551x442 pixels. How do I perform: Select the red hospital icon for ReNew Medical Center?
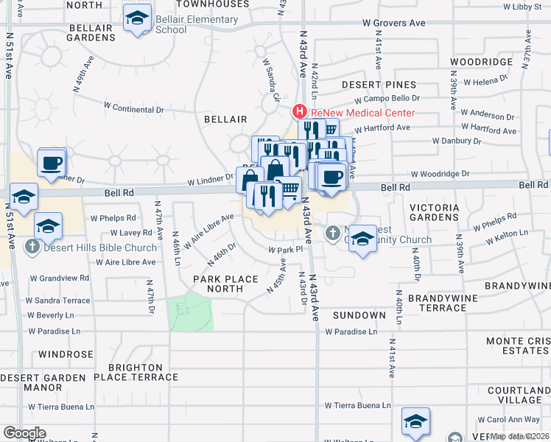pos(300,113)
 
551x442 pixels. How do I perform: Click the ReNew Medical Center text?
pos(362,113)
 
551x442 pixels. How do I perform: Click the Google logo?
pos(24,433)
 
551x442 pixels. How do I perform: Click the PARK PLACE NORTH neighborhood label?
pos(225,284)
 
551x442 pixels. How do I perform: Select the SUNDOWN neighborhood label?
pos(359,315)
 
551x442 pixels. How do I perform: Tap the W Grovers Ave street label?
pos(394,23)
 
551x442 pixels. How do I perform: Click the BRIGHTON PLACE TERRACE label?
pos(142,372)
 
